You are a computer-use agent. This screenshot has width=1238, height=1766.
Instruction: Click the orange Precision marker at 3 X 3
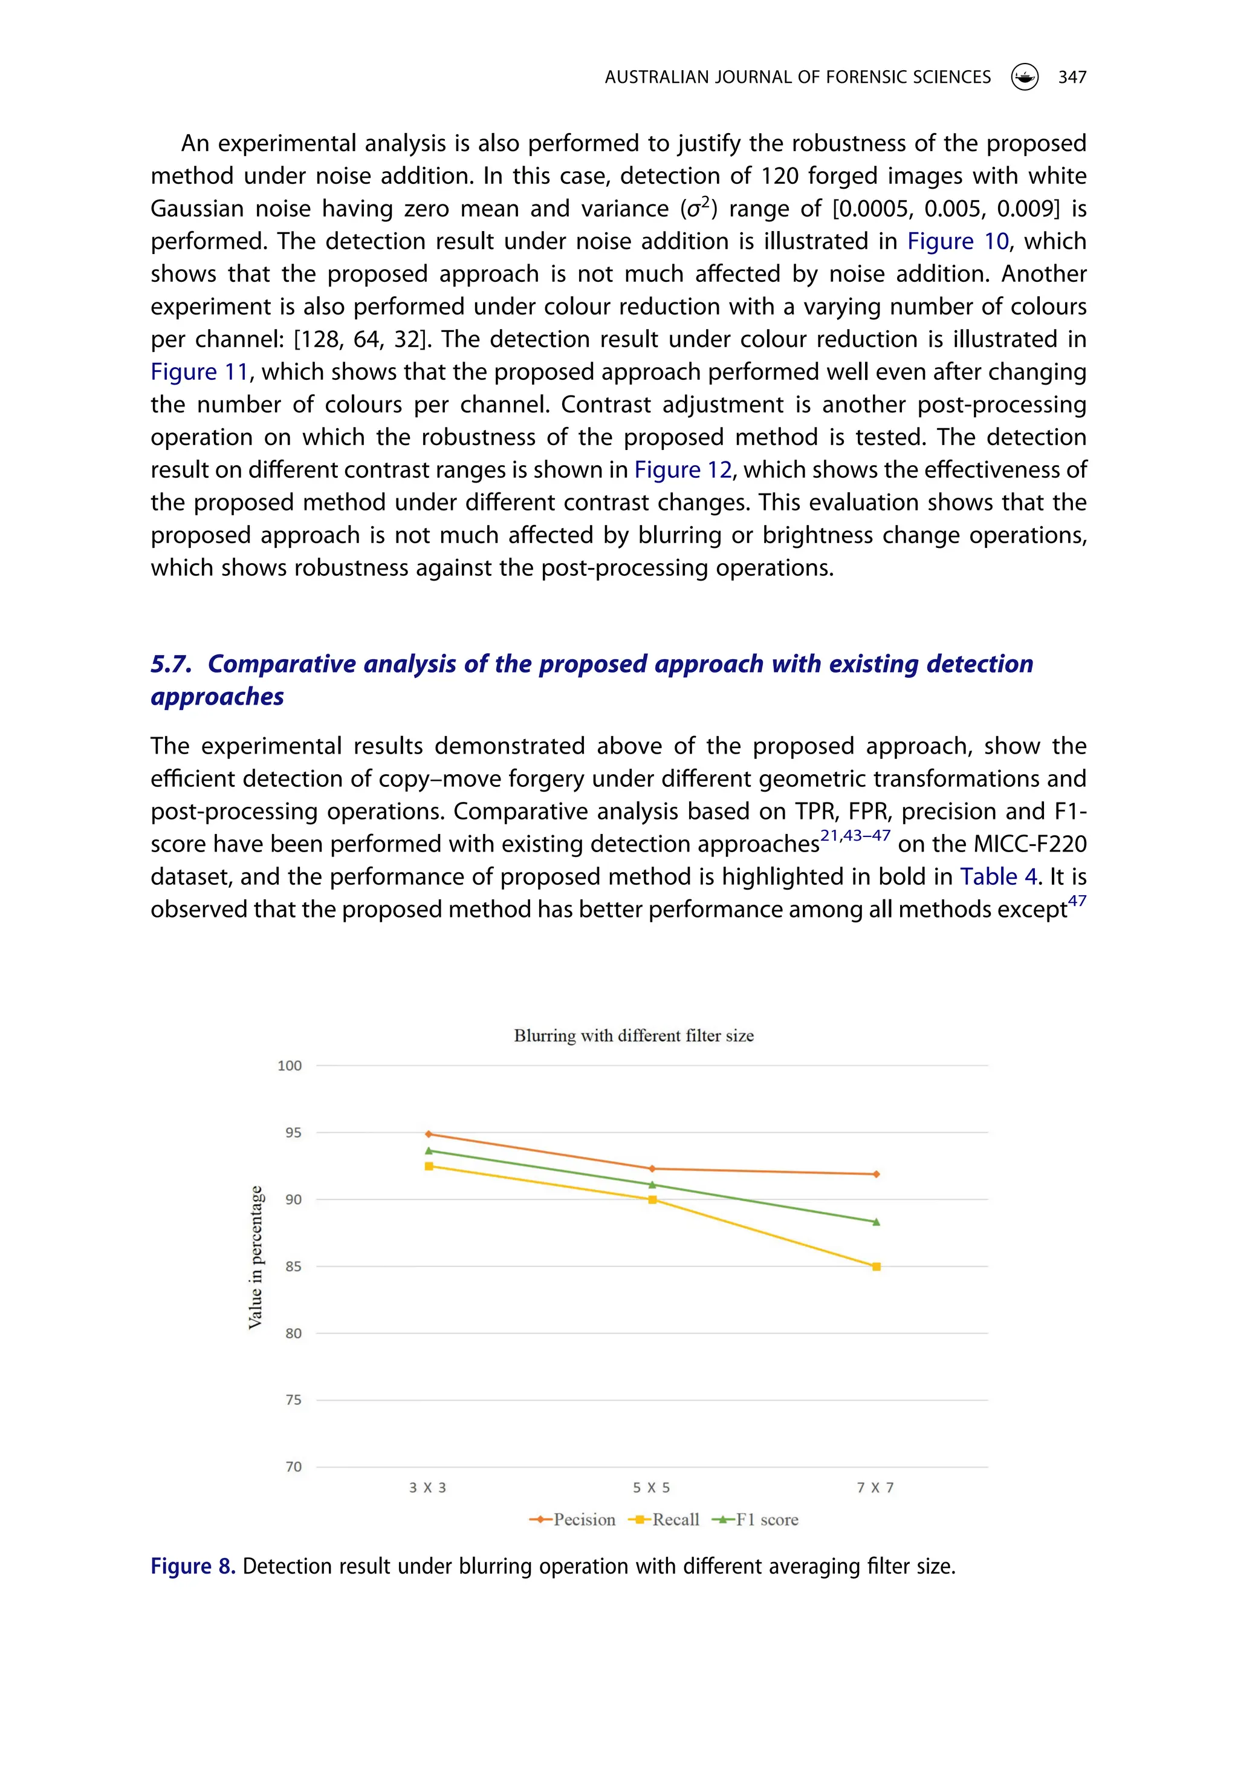pyautogui.click(x=429, y=1134)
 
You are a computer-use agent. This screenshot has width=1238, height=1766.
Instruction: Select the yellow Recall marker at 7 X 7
pyautogui.click(x=876, y=1266)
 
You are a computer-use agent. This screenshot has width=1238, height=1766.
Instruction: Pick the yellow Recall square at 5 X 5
pyautogui.click(x=652, y=1200)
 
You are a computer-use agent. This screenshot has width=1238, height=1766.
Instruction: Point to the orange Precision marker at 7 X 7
pyautogui.click(x=876, y=1174)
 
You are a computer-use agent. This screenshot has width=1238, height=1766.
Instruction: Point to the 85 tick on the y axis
pyautogui.click(x=293, y=1266)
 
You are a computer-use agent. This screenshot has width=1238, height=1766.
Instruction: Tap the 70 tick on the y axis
pyautogui.click(x=293, y=1467)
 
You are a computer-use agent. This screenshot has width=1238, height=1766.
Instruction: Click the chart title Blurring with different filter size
pyautogui.click(x=634, y=1035)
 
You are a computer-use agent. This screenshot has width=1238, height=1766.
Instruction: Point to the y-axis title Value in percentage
pyautogui.click(x=255, y=1257)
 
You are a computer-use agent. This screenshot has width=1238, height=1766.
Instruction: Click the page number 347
pyautogui.click(x=1072, y=77)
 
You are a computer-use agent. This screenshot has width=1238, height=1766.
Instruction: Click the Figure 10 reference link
pyautogui.click(x=958, y=241)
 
